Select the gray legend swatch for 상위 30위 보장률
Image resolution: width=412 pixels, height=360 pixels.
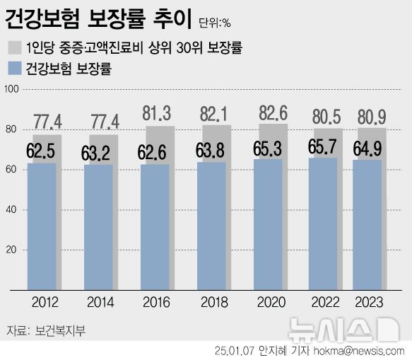[14, 48]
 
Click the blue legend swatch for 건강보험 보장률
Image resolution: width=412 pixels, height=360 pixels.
[14, 69]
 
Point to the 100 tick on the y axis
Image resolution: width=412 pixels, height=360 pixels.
[11, 89]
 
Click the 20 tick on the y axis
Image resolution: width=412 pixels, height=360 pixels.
[11, 250]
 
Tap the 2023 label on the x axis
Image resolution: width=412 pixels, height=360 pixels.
[367, 302]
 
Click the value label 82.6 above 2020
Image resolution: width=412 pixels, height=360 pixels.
[273, 114]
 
